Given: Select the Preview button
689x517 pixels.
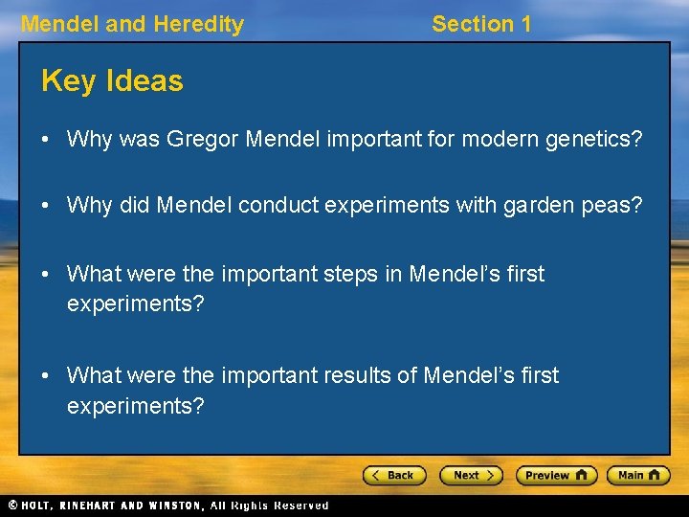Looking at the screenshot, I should click(x=556, y=475).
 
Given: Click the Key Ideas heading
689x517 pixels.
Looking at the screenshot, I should click(x=112, y=81).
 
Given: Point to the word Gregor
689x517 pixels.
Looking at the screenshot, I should click(x=202, y=140).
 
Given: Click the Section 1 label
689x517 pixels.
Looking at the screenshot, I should click(x=481, y=24).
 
